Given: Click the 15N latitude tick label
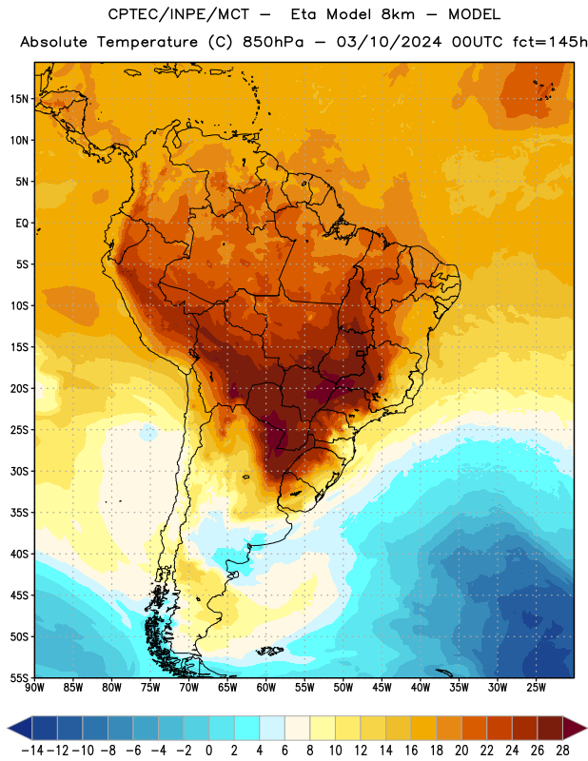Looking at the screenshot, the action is pos(19,99).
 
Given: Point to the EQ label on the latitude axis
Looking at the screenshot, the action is pos(22,224).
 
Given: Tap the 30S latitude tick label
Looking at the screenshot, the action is pos(19,471).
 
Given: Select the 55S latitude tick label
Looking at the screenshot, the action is pos(19,677).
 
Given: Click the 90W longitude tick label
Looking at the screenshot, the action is pos(34,688).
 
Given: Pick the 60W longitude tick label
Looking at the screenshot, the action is pos(266,688).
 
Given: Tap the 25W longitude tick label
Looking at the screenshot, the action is pos(536,688).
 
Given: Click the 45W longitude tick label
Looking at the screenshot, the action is pos(382,688).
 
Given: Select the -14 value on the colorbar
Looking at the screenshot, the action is pos(32,751).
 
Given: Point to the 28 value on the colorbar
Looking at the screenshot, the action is pos(562,751).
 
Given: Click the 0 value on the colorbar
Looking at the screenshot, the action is pos(209,751).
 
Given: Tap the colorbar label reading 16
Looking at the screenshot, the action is pos(411,751).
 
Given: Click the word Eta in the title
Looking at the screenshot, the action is pos(304,14).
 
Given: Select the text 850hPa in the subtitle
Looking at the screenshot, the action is pos(273,42).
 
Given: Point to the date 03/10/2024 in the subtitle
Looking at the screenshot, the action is pos(389,42).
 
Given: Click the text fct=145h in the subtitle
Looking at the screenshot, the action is pos(550,42).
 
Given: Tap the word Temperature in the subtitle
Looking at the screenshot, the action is pos(147,42).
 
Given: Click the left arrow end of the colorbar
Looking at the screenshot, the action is pos(19,728).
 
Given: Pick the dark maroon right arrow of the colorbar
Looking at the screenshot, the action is pos(576,728).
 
